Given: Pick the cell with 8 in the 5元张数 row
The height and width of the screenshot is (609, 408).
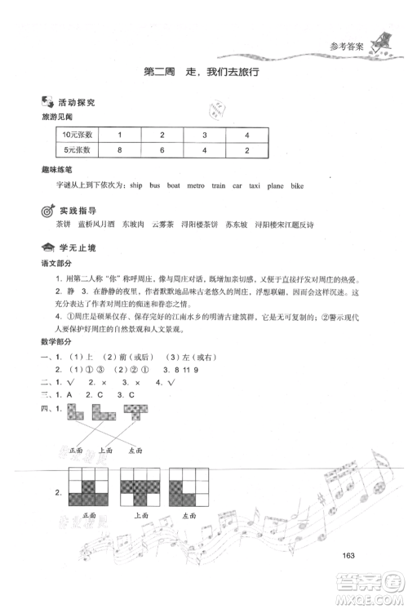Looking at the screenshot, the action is coord(120,150).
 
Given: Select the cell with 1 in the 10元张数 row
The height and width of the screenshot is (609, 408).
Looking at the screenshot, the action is coord(120,134).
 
